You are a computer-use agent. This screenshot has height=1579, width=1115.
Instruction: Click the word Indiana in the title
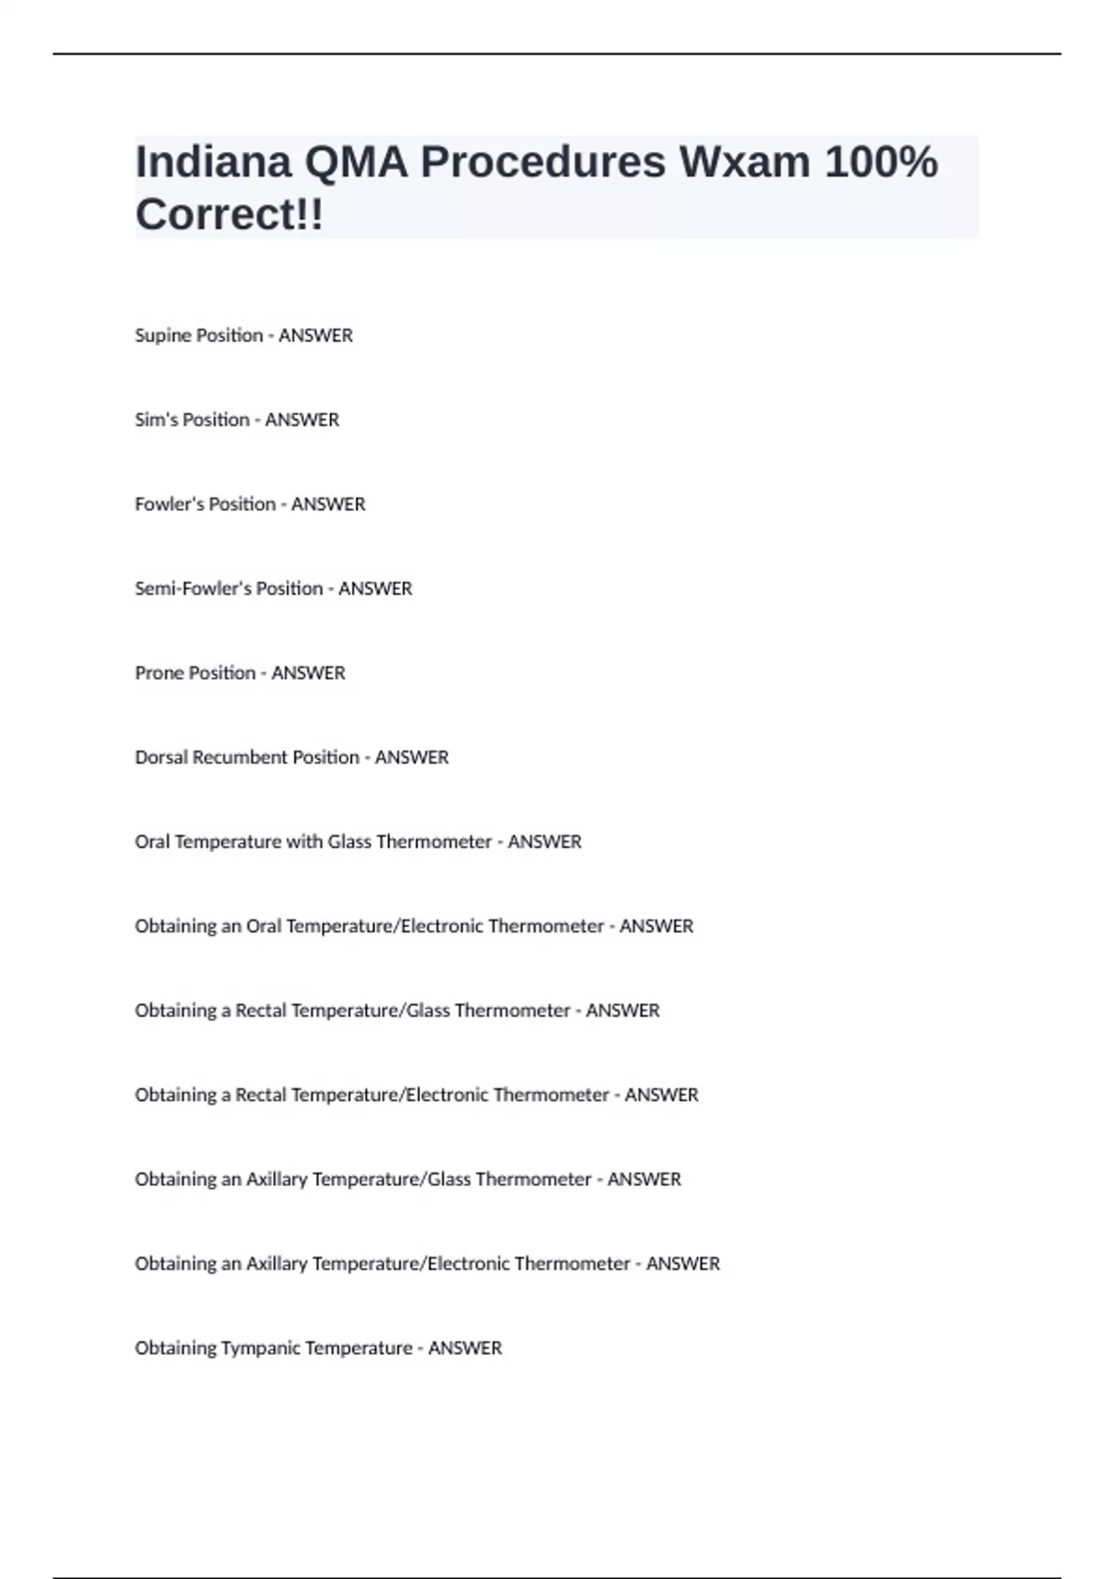(213, 163)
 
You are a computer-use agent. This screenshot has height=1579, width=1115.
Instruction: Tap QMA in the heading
(356, 163)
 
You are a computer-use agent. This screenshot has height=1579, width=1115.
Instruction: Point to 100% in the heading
(881, 163)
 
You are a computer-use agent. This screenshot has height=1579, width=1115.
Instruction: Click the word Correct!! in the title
(230, 215)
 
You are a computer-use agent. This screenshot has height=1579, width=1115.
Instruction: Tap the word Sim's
(154, 420)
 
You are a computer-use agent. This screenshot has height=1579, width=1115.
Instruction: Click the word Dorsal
(161, 758)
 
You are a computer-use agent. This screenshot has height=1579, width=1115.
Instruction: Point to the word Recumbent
(240, 758)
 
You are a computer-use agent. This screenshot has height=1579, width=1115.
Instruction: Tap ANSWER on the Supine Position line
(316, 335)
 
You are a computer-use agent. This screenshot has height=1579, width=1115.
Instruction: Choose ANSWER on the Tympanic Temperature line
(465, 1349)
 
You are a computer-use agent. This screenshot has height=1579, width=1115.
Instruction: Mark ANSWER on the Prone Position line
(308, 673)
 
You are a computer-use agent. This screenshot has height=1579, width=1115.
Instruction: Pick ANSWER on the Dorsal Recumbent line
(412, 758)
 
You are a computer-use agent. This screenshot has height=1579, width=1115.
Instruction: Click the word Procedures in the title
(544, 163)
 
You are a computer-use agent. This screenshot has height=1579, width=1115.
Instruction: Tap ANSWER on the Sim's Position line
(302, 420)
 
